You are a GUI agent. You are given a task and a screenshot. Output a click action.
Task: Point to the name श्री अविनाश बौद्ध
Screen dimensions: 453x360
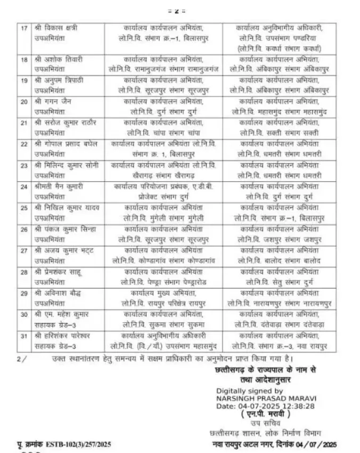(x=58, y=293)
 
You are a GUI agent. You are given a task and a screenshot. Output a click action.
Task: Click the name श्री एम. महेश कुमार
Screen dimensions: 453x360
(x=61, y=315)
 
